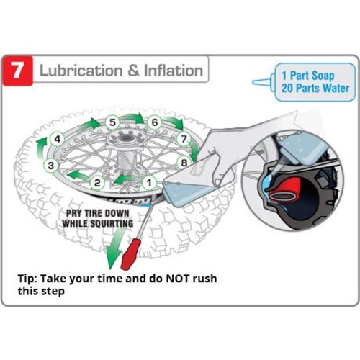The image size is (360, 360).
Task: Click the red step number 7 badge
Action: coord(18,71)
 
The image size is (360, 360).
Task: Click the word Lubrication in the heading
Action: coord(81,71)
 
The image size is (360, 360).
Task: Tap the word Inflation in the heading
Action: coord(174,71)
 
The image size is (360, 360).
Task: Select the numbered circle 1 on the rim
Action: coord(149,183)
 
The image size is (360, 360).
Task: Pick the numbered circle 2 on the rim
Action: coord(97,183)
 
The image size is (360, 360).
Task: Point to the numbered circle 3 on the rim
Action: coord(51,166)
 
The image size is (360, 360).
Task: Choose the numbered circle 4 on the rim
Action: coord(58,139)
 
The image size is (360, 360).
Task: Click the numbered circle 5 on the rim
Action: coord(112,122)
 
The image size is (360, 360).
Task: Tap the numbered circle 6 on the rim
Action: coord(155,122)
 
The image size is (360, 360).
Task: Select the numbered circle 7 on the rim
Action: coord(184,139)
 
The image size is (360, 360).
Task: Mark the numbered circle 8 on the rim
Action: coord(184,163)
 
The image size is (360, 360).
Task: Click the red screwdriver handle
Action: coord(130,253)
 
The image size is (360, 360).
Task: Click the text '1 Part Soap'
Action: coord(308,76)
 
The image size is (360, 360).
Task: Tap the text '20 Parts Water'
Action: coord(315,88)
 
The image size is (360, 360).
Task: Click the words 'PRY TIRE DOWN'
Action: coord(98,213)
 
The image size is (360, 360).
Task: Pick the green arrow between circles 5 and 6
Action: coord(133,118)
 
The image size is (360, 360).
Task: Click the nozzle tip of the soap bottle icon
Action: coord(253,82)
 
